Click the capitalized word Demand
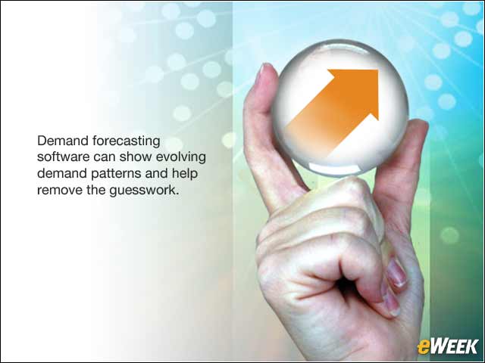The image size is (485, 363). point(62,141)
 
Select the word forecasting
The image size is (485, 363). point(127,141)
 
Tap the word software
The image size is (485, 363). point(64,157)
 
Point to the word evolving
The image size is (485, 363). point(181,158)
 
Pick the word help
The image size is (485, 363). point(185,174)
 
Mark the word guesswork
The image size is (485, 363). point(144,191)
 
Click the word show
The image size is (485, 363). point(136,157)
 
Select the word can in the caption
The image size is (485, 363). point(105,157)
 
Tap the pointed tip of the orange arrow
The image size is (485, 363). point(378,70)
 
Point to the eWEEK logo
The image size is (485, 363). point(448,346)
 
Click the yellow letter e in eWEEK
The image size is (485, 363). point(424,347)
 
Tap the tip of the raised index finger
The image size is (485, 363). point(264,67)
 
